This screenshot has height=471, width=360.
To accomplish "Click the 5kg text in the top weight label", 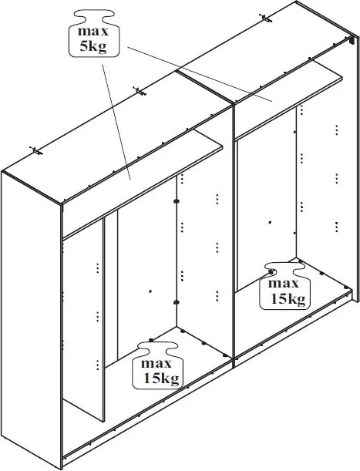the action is pos(93,46).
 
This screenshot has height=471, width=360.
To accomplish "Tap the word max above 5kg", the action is pos(93,31).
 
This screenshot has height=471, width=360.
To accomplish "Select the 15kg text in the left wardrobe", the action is pos(161,378).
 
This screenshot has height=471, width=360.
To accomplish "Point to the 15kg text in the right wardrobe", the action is pos(288,298).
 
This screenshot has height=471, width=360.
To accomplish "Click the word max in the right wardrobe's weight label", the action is pos(284,283).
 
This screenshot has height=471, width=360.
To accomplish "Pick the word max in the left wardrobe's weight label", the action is pos(156,363).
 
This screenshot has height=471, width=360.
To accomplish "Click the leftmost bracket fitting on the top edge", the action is pos(35,150).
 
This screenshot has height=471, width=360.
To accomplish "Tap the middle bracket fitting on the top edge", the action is pos(140,91).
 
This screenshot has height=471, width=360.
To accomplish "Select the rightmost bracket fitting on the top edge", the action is pos(265,19).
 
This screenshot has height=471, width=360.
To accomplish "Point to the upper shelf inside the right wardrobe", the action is pos(288,99).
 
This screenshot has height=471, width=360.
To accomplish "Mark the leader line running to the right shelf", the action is pos(200,74).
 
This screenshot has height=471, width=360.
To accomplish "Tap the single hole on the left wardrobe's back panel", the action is pos(150,291).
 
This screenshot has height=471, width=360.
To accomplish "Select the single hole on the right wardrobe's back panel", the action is pos(270,222).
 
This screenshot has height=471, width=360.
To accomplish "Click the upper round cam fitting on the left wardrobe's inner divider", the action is pos(177,201).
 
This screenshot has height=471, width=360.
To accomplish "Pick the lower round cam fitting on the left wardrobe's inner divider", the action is pos(177,302).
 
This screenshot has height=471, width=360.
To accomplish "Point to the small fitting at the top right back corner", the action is pos(351,39).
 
